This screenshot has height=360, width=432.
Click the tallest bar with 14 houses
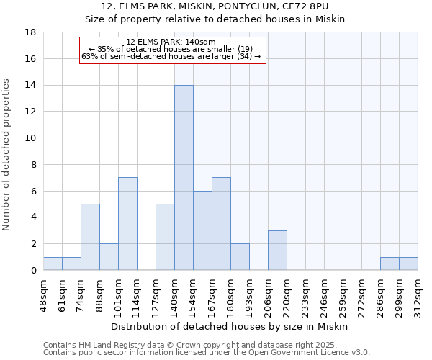(184, 178)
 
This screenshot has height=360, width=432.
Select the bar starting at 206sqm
(277, 251)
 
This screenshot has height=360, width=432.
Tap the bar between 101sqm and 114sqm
(127, 224)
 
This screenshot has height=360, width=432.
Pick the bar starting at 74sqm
(90, 237)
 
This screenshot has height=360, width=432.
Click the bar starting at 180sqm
(240, 257)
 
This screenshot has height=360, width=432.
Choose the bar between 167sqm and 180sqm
(221, 224)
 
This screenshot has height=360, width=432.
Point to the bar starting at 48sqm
(53, 264)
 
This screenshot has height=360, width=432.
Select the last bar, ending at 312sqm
(408, 264)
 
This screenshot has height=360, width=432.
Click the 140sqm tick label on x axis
(174, 292)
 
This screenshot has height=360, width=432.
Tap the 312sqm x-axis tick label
(418, 292)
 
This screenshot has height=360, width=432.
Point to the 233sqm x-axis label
(305, 292)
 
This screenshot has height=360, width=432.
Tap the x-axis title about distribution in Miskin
(230, 326)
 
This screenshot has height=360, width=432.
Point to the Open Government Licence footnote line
(207, 352)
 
